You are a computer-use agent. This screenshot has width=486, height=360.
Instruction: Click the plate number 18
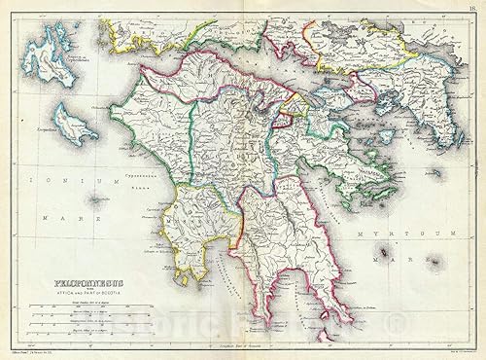[x=470, y=7]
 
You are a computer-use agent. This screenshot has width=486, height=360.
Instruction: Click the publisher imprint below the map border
[x=39, y=355]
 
